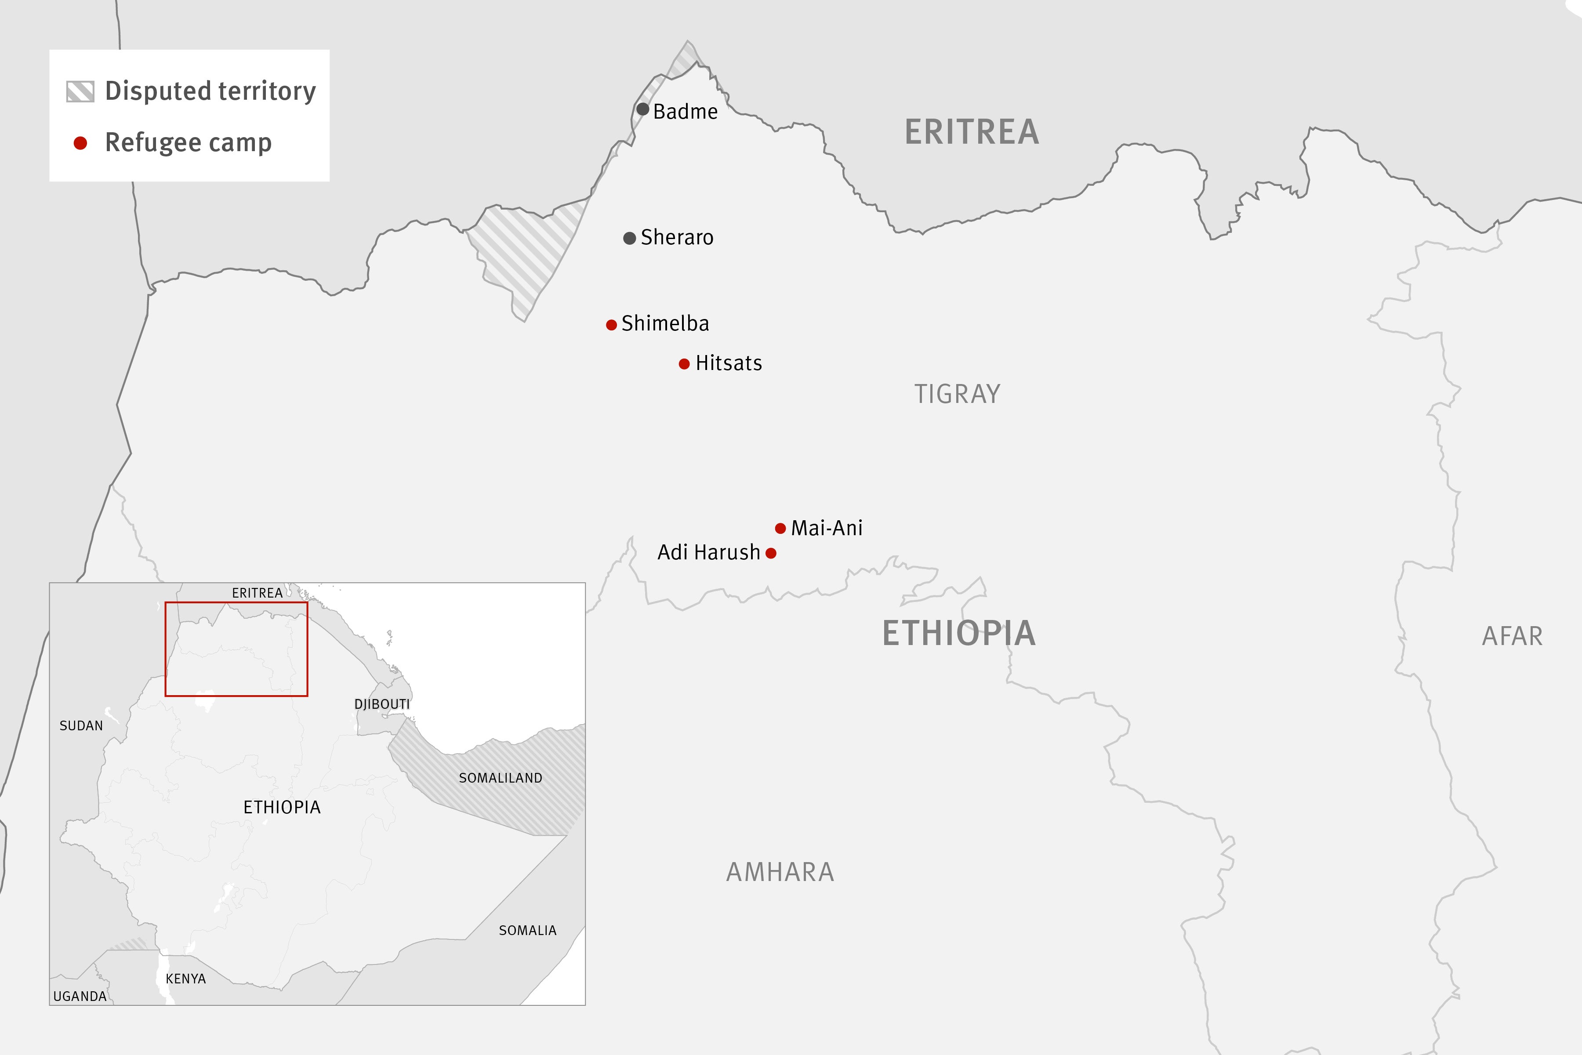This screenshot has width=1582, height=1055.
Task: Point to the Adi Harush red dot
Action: coord(771,554)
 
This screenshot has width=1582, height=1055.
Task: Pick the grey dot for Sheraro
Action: coord(630,238)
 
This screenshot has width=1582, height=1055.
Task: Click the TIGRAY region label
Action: coord(957,394)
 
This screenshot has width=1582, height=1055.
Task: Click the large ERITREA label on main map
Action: coord(972,132)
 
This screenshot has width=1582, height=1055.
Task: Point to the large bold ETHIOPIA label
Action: coord(959,633)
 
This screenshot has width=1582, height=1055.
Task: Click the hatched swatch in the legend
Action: coord(80,91)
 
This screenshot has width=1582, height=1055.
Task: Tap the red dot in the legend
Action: coord(80,143)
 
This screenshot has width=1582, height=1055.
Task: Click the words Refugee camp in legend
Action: coord(189,143)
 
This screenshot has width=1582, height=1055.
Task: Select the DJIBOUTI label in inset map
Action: coord(381,704)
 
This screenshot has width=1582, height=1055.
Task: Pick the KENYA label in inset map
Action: coord(186,979)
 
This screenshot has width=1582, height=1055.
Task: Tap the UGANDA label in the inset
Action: coord(80,997)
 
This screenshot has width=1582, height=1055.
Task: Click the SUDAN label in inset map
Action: coord(81,726)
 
